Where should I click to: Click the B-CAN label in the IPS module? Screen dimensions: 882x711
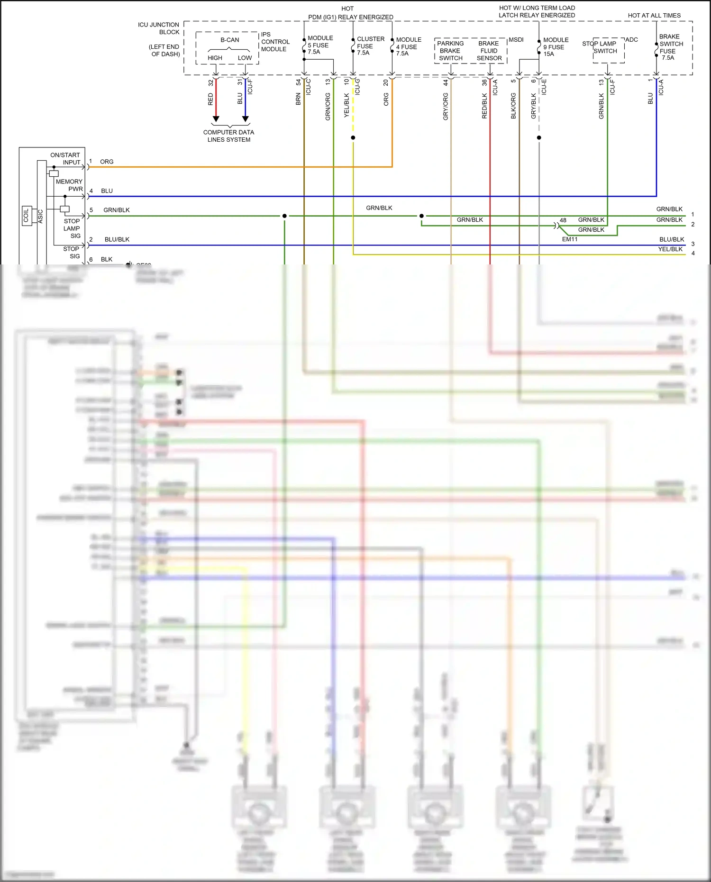(x=229, y=40)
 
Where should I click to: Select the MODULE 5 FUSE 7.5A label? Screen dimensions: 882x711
(x=320, y=45)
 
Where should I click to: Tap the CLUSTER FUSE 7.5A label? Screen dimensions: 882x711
(x=370, y=46)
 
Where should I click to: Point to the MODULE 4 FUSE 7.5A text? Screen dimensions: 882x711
(x=408, y=46)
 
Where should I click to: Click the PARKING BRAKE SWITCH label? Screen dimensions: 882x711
(x=450, y=51)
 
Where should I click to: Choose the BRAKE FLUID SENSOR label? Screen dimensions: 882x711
(x=489, y=51)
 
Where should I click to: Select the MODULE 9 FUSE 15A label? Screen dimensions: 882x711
(x=555, y=47)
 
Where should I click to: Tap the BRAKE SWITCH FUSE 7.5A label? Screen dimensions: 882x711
(x=670, y=47)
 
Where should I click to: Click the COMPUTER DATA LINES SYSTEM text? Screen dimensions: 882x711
(x=228, y=136)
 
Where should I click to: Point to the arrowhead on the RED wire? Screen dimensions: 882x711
(x=216, y=118)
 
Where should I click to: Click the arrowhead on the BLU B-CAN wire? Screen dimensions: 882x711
(x=245, y=118)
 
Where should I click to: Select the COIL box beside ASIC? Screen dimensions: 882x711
(x=26, y=216)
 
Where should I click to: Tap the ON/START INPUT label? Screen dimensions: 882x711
(x=65, y=159)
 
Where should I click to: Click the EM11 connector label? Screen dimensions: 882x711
(x=569, y=239)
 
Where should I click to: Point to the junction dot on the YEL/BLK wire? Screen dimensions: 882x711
(x=353, y=138)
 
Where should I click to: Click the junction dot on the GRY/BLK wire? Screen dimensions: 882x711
(x=539, y=138)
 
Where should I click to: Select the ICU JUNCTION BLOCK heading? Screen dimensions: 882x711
(x=159, y=28)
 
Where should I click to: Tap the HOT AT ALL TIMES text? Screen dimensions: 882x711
(x=654, y=16)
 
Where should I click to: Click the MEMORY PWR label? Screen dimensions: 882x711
(x=69, y=185)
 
